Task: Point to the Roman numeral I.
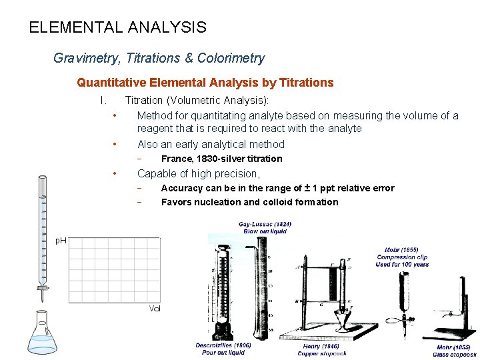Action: [x=103, y=101]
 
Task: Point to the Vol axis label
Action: [x=155, y=308]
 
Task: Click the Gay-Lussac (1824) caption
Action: [x=265, y=227]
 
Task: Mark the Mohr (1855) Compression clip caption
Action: [x=402, y=257]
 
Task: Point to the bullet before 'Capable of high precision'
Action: [x=115, y=173]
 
